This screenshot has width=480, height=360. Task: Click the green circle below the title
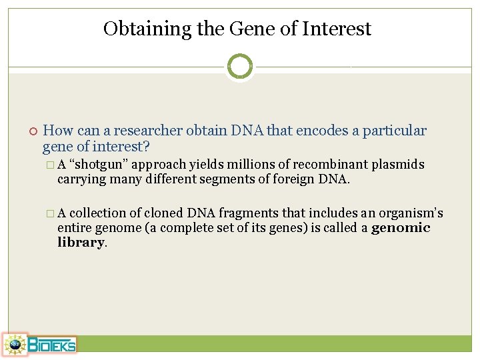(240, 66)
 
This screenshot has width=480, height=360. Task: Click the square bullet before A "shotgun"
(51, 165)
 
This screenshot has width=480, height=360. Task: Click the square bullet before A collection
(51, 213)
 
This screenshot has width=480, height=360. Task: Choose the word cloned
(164, 213)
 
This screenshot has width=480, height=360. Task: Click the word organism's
(410, 213)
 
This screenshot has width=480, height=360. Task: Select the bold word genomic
(401, 228)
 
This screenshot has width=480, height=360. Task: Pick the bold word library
(81, 243)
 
